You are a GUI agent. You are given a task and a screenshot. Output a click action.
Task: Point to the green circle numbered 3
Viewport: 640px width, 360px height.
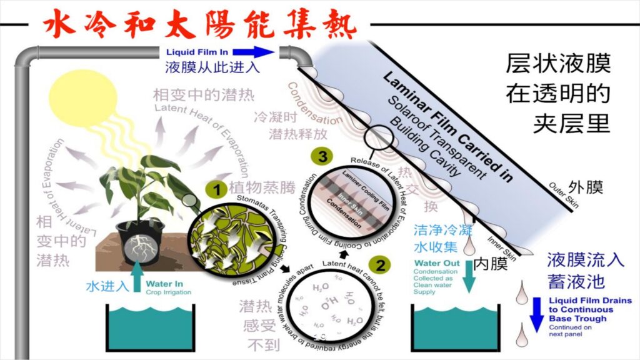coord(322,157)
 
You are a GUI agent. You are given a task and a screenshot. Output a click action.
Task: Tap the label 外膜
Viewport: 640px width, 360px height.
coord(586,187)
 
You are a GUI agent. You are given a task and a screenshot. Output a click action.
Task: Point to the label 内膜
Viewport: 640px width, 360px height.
coord(491,264)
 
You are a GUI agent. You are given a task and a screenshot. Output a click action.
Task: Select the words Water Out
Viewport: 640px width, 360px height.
coord(431,263)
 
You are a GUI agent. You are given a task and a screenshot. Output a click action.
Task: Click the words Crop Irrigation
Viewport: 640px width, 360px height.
coord(164,292)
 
